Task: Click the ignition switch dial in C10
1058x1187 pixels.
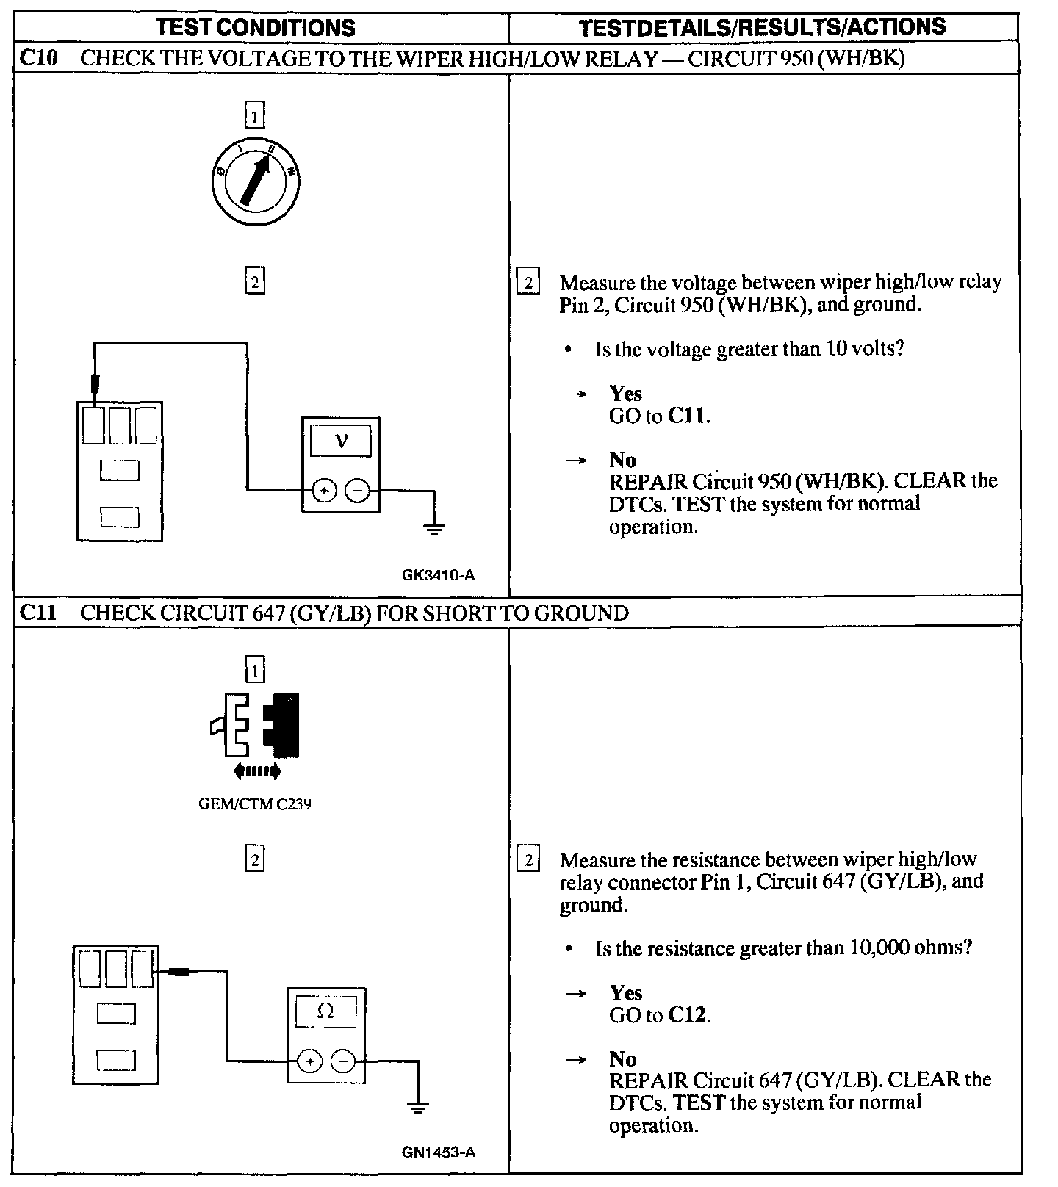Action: pos(254,181)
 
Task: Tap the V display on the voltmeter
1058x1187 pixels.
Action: pos(341,441)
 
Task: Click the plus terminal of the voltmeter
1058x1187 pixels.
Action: pos(325,490)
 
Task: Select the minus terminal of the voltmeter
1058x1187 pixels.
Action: pos(357,490)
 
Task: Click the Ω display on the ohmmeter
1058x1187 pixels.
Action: pos(325,1011)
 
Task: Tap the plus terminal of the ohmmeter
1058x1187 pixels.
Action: pos(310,1061)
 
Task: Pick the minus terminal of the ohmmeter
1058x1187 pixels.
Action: pos(342,1061)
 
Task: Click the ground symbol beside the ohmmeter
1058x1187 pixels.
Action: pos(418,1107)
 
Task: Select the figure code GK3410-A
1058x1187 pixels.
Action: pos(438,574)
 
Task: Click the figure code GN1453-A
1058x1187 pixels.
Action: pos(438,1152)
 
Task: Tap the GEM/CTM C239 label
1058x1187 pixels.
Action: pos(255,804)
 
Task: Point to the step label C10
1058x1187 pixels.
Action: pos(38,58)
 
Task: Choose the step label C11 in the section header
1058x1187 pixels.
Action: pos(38,613)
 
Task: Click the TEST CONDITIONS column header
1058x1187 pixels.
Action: pos(256,28)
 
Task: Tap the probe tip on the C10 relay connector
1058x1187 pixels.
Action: pos(95,384)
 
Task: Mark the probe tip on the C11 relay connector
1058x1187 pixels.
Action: pos(178,972)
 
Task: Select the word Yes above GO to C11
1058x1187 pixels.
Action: pos(625,394)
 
